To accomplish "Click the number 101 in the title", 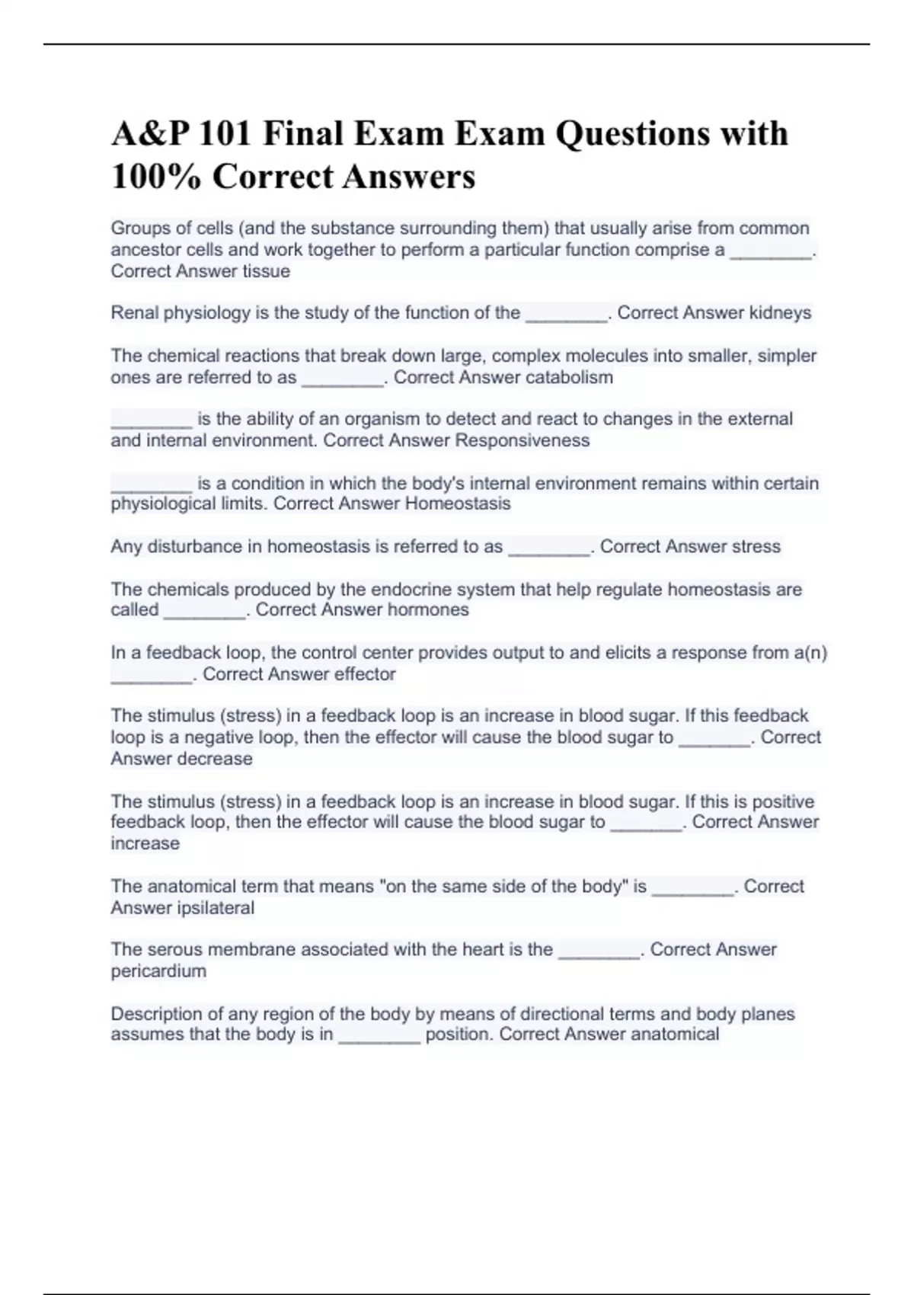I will pos(225,134).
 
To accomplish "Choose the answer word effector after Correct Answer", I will pos(361,674).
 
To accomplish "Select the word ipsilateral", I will pos(216,908).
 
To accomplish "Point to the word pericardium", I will pos(158,971).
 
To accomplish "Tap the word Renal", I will pos(134,313).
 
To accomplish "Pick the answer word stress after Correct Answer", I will pos(756,546).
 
